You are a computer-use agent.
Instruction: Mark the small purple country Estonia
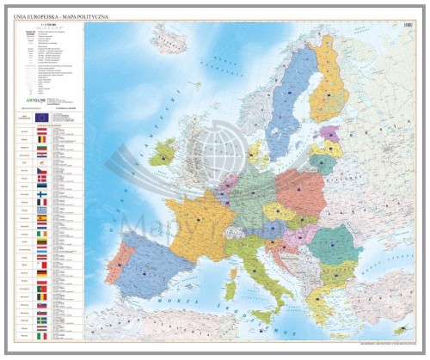[x=329, y=134]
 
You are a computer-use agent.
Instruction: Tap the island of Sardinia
[x=230, y=281]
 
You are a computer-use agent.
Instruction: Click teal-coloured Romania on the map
[x=332, y=244]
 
